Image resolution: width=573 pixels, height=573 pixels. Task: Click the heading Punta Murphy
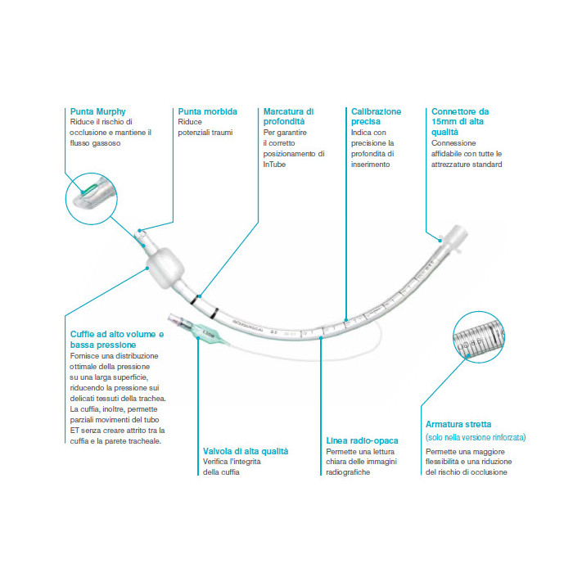tap(97, 111)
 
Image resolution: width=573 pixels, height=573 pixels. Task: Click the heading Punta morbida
tap(207, 111)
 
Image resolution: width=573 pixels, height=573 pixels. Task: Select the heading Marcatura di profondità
tap(288, 116)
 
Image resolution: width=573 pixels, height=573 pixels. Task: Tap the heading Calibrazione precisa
tap(376, 116)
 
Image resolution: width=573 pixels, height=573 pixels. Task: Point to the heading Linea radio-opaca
tap(362, 440)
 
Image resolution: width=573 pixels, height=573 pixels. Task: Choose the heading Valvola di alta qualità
tap(246, 451)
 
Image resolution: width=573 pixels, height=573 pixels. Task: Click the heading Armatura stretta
tap(458, 424)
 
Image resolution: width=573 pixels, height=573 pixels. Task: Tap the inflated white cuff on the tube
tap(165, 268)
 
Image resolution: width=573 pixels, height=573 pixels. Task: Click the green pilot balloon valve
tap(206, 333)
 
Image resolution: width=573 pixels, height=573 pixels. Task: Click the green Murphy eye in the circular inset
tap(90, 190)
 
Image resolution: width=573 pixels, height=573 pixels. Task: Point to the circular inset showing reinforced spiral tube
tap(479, 337)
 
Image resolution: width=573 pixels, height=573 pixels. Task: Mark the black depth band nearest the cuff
tap(195, 300)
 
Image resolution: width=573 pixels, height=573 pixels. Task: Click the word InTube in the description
tap(274, 165)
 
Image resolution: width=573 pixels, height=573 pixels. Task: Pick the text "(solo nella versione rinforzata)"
tap(476, 437)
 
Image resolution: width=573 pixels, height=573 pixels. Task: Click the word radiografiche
tap(348, 472)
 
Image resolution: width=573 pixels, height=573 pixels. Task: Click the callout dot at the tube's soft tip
tap(140, 231)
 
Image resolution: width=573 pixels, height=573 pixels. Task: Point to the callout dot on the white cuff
tap(147, 268)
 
